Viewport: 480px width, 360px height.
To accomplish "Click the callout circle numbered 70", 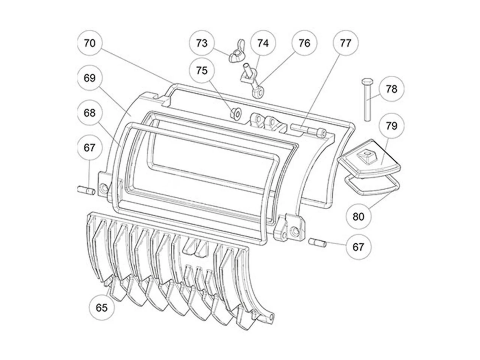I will tap(90, 43).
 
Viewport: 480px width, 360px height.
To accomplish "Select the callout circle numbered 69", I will tap(90, 78).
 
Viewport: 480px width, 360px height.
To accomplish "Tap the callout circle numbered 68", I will tap(90, 112).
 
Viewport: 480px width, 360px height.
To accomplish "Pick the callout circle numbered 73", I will tap(202, 43).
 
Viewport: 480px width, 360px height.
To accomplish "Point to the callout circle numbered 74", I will tap(263, 43).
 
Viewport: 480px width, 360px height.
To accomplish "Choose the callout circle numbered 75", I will tap(202, 70).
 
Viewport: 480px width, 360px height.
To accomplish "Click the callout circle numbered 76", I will tap(304, 43).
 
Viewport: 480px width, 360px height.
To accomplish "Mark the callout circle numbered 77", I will tap(345, 43).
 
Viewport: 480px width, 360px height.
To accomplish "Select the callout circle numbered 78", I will tap(391, 89).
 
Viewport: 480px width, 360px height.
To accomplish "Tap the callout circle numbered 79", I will tap(391, 126).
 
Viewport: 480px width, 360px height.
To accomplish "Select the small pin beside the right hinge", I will tap(318, 243).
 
